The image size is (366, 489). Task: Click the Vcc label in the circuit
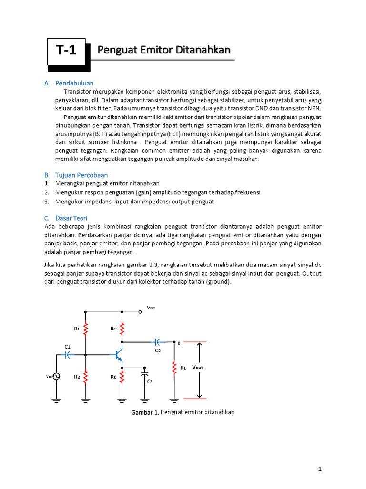151,308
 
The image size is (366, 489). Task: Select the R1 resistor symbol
86,328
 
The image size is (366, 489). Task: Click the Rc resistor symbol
122,328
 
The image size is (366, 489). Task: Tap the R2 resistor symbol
86,377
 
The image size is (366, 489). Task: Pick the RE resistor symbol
122,377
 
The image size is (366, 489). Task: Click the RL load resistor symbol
173,367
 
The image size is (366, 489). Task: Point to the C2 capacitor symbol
158,342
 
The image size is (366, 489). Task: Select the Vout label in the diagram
197,367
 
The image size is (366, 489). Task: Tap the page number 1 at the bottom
320,469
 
